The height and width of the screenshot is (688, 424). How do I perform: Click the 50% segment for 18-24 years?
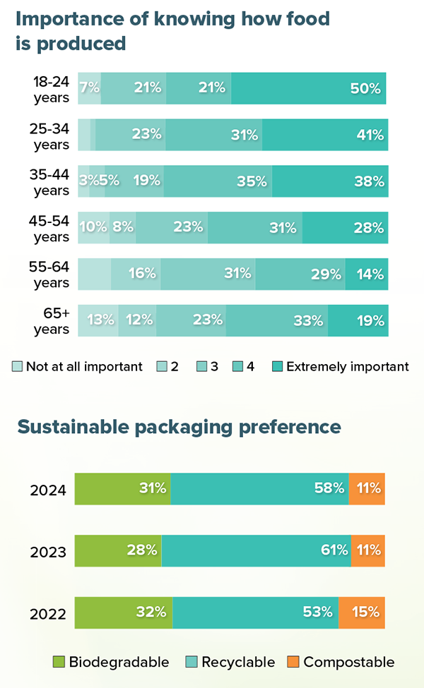[309, 88]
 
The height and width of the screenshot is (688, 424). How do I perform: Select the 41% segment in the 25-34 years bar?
[325, 135]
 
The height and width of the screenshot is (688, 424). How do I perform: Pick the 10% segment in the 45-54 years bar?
[93, 227]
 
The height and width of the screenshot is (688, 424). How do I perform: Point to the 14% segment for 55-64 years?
[367, 274]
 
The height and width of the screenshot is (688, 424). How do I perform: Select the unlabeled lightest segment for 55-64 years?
[94, 274]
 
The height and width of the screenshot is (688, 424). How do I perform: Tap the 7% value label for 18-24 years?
[90, 89]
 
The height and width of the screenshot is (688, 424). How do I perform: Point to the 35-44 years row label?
[52, 181]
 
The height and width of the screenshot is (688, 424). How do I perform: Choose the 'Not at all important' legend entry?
[78, 366]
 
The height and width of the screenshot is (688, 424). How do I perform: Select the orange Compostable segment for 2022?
[362, 612]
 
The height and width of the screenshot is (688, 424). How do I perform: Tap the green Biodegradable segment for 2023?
[118, 550]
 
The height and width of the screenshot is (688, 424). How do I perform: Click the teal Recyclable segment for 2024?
[259, 488]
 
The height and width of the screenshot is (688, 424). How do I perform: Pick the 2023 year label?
[48, 552]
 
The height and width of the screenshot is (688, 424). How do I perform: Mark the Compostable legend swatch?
[293, 662]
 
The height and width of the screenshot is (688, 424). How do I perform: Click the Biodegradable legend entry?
[112, 662]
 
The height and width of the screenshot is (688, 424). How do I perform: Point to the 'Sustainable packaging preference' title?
[179, 427]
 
